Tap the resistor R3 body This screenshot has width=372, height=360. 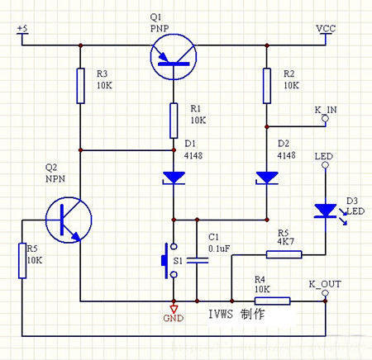pos(80,87)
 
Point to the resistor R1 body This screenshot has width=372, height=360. pos(173,121)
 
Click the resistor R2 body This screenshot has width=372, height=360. pos(266,87)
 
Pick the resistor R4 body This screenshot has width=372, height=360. pos(272,301)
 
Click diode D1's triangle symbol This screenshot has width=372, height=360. pos(173,178)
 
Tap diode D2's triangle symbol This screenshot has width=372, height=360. pos(266,178)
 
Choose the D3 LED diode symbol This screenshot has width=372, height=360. pos(324,211)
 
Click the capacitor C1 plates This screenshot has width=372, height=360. pos(197,261)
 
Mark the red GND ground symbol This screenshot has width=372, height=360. pos(173,309)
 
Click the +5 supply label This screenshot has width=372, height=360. pos(22,29)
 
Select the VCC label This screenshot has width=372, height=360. pos(326,29)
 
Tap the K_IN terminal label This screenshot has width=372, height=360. pos(325,109)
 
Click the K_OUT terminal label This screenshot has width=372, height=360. pos(324,284)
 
